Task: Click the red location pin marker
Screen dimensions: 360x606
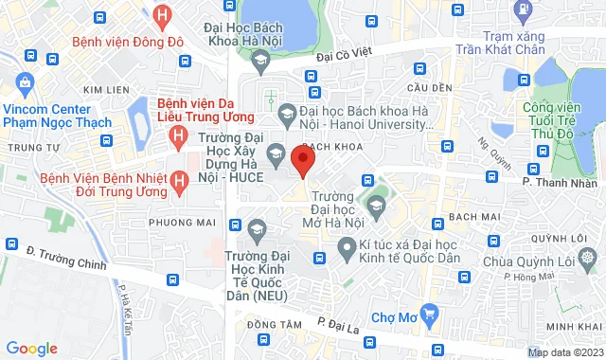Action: (303, 160)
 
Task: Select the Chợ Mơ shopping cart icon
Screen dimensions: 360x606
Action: (429, 312)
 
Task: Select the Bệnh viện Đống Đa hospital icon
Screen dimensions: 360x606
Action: (163, 16)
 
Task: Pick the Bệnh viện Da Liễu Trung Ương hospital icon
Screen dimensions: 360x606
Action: (177, 137)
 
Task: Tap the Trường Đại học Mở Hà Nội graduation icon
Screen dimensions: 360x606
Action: (376, 205)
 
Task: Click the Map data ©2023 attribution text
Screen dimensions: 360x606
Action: (564, 353)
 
